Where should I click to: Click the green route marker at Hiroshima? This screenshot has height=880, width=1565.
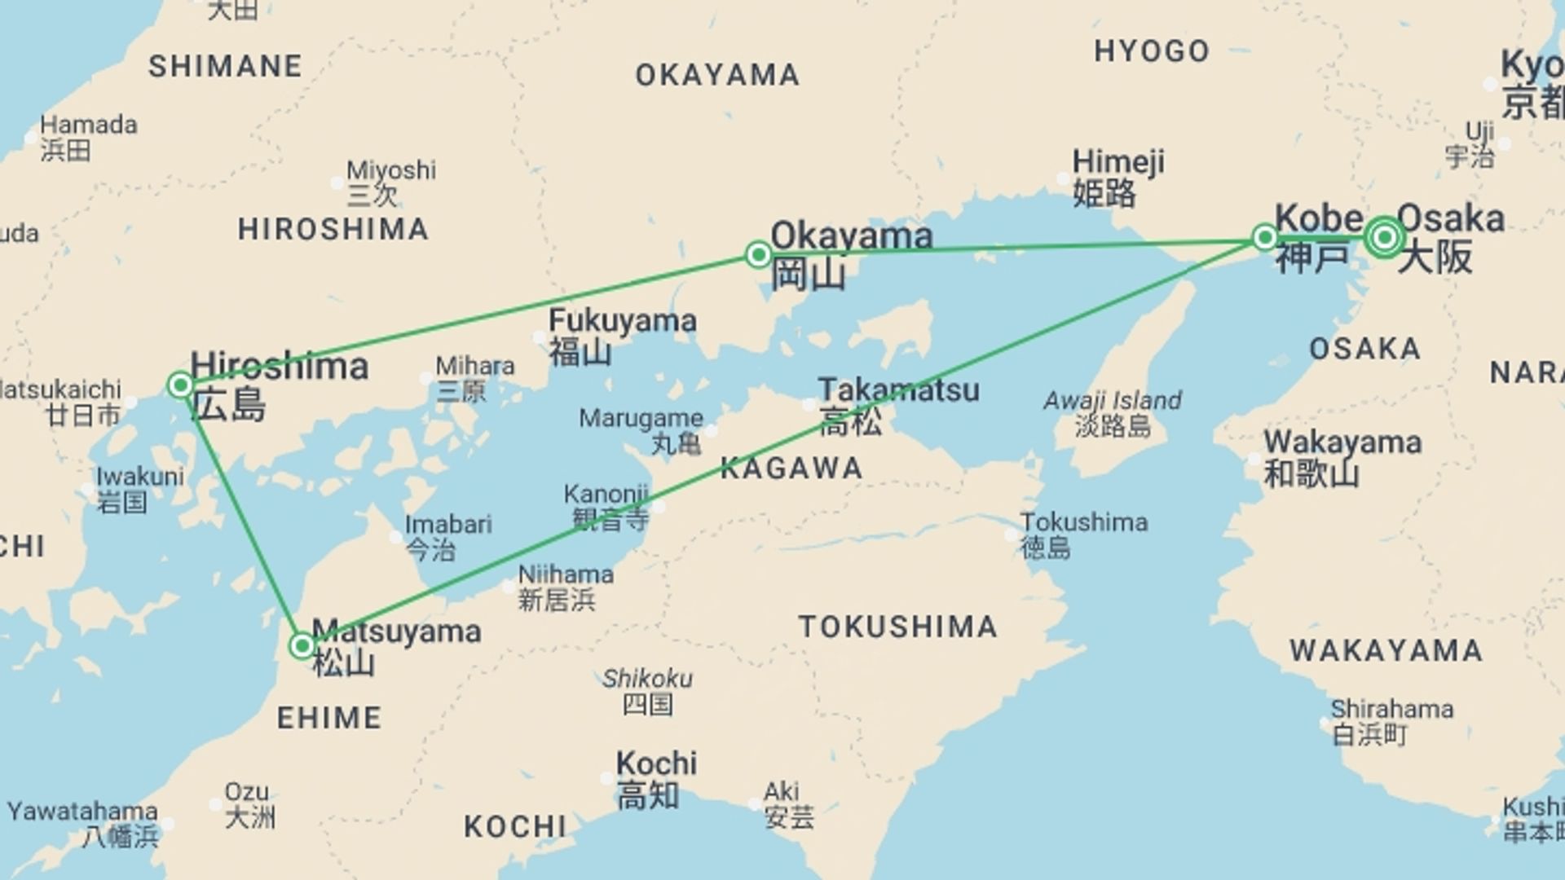click(x=180, y=385)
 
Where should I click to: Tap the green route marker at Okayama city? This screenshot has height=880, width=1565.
click(x=758, y=254)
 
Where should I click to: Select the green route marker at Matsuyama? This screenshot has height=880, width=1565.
click(x=302, y=646)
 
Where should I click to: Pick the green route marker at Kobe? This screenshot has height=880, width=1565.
click(x=1264, y=237)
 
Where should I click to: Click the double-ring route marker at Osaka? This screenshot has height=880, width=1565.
click(x=1384, y=237)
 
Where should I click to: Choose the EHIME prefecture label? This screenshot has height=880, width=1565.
click(x=329, y=718)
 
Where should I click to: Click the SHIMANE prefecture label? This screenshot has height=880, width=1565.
click(x=225, y=66)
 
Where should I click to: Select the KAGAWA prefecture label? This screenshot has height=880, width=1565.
click(x=791, y=469)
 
